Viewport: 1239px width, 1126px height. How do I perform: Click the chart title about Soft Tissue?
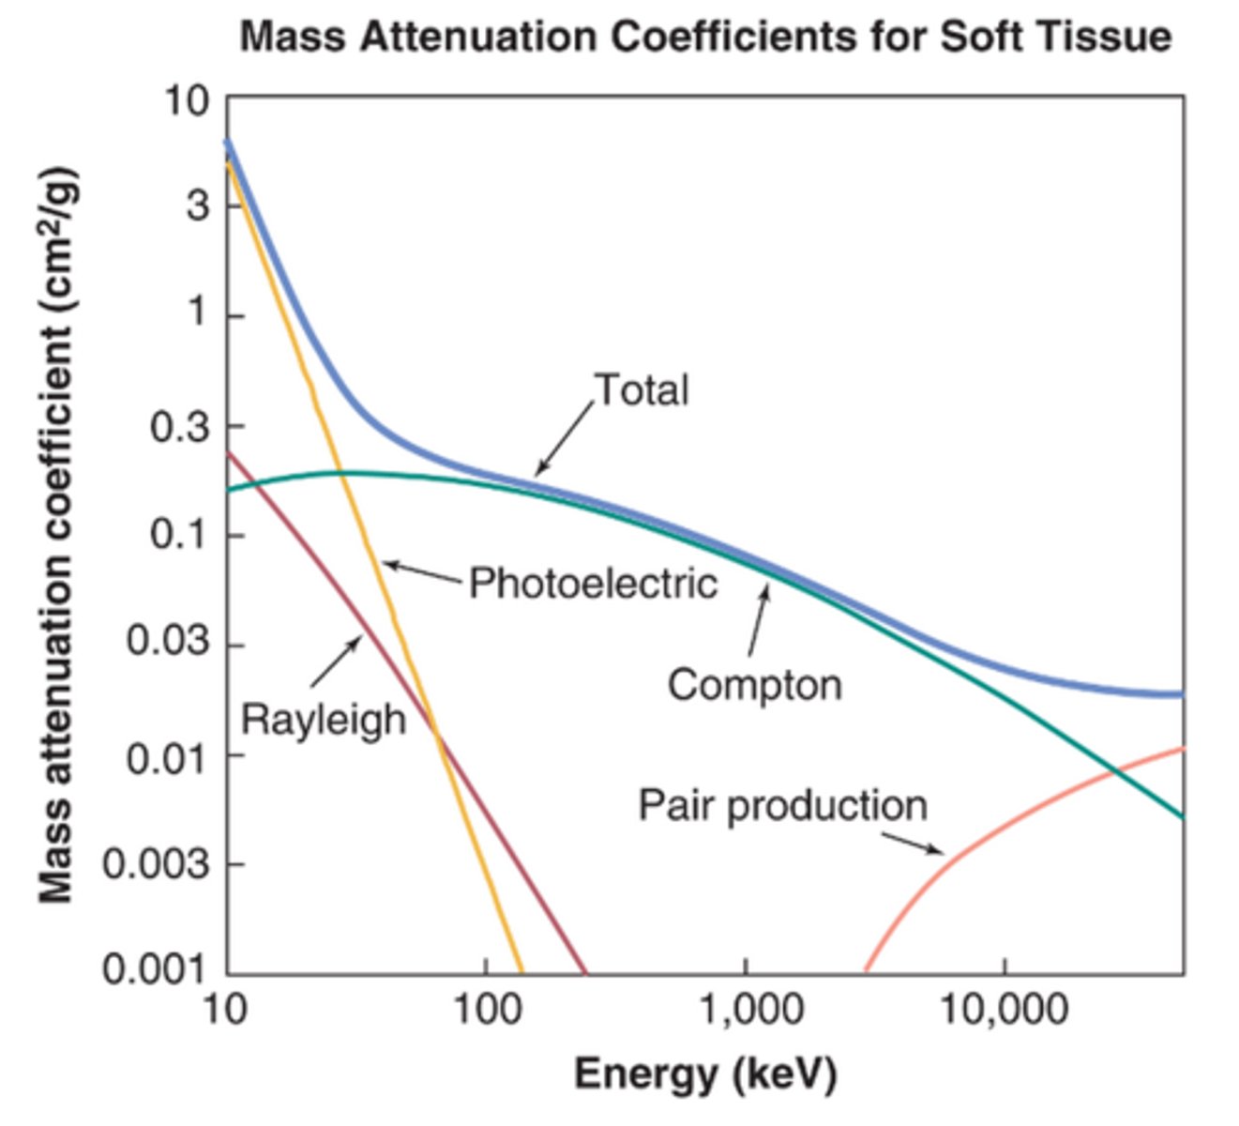(705, 38)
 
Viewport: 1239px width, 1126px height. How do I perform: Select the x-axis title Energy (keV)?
(704, 1073)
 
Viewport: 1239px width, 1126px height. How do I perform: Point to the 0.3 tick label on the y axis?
(179, 427)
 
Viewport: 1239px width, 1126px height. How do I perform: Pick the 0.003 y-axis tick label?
(155, 864)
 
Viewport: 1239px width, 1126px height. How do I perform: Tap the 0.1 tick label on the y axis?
(179, 536)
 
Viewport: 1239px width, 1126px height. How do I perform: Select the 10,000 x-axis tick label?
(1005, 1010)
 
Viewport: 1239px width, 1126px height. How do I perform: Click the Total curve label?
(642, 389)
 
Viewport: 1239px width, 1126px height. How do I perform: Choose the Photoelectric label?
(593, 584)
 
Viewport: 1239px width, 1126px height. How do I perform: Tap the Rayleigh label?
(324, 720)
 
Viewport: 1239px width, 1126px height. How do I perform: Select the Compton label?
(754, 685)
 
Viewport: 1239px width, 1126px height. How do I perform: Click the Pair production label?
(782, 806)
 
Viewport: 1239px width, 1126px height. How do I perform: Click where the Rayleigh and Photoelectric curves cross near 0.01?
(435, 730)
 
